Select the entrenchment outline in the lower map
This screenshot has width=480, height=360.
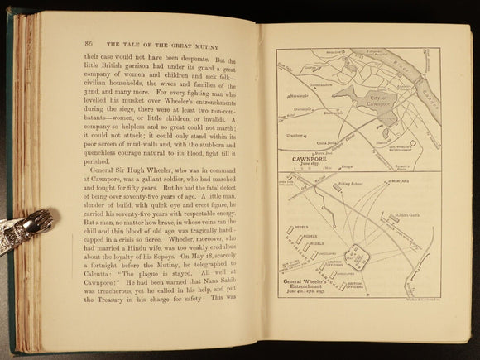(x=358, y=257)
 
